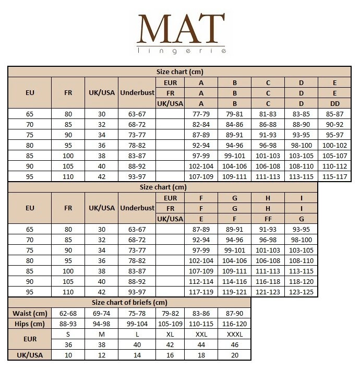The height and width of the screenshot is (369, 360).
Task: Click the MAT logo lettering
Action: point(181,29)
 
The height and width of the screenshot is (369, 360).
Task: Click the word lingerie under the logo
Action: point(181,51)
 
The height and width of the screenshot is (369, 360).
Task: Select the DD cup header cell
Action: point(334,103)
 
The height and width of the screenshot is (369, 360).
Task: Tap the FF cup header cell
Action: point(268,219)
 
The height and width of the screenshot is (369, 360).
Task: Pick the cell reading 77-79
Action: point(201,113)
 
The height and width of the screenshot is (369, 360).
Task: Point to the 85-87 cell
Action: point(334,113)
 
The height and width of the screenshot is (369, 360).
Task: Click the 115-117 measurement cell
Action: point(334,176)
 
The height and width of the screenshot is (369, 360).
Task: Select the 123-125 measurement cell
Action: point(301,292)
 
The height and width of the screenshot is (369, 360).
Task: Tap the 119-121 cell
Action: point(234,292)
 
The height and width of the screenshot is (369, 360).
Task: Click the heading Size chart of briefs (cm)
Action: point(129,302)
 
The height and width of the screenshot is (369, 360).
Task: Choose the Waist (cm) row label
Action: point(30,313)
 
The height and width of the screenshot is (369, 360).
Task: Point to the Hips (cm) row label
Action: point(30,324)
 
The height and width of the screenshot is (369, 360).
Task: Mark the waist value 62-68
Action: point(68,313)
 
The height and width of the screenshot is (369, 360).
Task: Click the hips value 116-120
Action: point(234,324)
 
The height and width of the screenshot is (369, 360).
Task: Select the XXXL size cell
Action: point(234,334)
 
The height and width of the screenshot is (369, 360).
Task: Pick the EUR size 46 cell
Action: point(234,344)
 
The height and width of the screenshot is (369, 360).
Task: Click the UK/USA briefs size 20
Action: point(234,355)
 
